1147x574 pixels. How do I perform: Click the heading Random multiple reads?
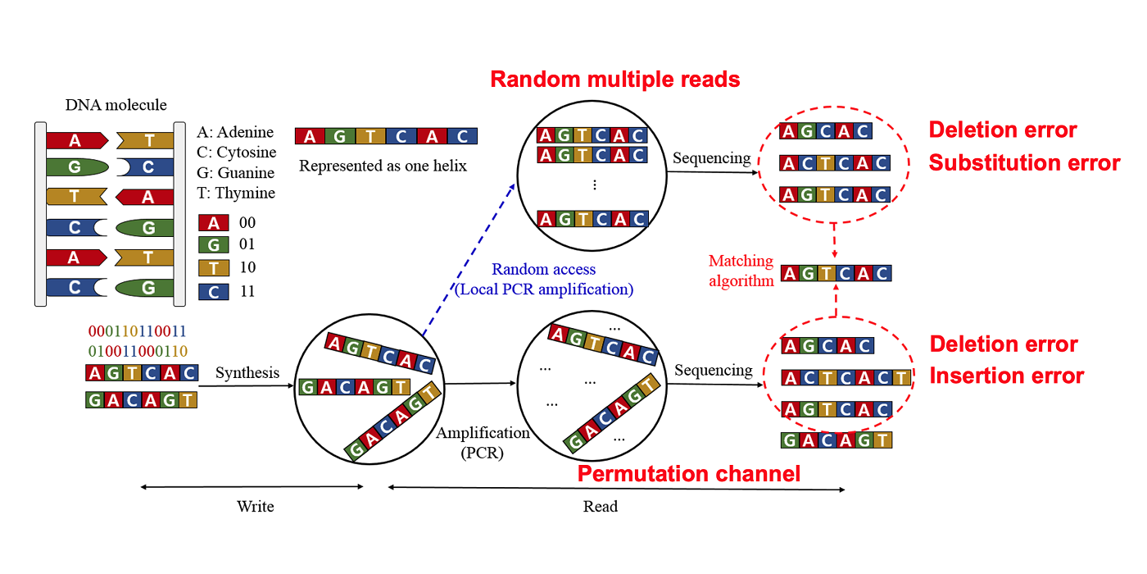point(614,80)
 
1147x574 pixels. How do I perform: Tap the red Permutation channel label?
point(688,474)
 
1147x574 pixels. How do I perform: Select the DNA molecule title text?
point(116,105)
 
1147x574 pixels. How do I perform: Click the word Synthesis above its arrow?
point(247,373)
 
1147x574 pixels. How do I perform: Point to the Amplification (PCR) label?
point(483,442)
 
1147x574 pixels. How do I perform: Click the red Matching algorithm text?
point(741,271)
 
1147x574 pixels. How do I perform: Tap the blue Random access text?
point(543,269)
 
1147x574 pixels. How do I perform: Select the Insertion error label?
point(1006,376)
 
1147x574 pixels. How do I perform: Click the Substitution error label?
point(1024,163)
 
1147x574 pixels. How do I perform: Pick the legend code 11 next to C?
point(247,291)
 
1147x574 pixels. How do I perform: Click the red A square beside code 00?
point(213,223)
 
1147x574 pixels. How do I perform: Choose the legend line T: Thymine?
point(236,194)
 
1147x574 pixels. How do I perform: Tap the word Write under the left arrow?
point(255,506)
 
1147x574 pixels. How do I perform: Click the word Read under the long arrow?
point(600,506)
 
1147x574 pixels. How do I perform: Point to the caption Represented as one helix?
point(383,166)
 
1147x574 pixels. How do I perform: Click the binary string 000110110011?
point(137,331)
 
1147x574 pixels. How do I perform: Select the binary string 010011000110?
point(137,352)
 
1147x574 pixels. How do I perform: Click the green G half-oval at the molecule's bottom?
point(145,288)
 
